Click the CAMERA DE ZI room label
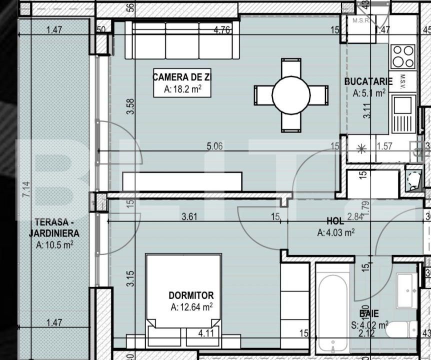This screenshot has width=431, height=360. (180, 77)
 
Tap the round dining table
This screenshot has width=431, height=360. (291, 95)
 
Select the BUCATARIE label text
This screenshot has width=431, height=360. (364, 81)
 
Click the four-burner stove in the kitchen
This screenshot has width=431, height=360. (402, 56)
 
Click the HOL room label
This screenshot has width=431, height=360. (334, 220)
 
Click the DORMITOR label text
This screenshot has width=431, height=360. (191, 295)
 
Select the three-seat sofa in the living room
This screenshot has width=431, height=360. (182, 41)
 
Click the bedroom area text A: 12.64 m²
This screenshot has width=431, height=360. (191, 307)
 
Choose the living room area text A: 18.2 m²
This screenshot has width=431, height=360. (182, 89)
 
